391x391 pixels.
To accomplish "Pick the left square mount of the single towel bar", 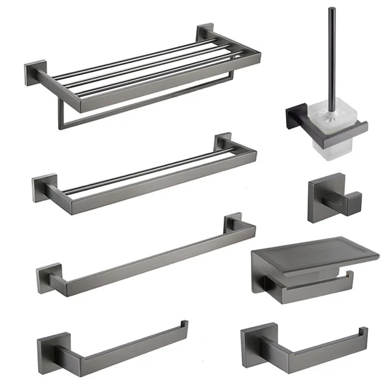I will [x=47, y=276].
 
